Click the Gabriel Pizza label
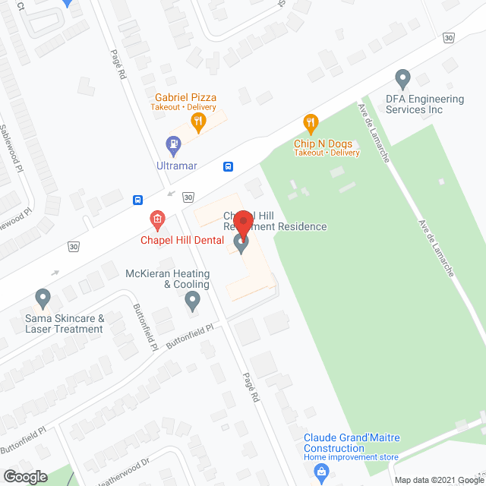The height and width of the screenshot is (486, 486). pyautogui.click(x=186, y=98)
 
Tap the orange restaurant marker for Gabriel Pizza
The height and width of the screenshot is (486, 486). pyautogui.click(x=197, y=120)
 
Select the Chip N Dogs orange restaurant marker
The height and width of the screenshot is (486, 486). pyautogui.click(x=310, y=121)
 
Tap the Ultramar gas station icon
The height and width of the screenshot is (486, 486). pyautogui.click(x=174, y=142)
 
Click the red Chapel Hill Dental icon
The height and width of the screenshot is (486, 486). pyautogui.click(x=157, y=221)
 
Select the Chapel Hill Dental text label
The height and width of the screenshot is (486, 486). pyautogui.click(x=181, y=241)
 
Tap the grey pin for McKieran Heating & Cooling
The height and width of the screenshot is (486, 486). pyautogui.click(x=192, y=301)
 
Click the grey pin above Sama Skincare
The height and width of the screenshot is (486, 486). pyautogui.click(x=43, y=298)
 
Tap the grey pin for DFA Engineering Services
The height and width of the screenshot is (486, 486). pyautogui.click(x=402, y=78)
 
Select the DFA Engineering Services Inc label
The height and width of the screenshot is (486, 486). pyautogui.click(x=424, y=104)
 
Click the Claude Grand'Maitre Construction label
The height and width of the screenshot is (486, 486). pyautogui.click(x=352, y=443)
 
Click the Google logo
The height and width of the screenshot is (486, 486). pyautogui.click(x=25, y=476)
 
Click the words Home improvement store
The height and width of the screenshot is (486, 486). pyautogui.click(x=352, y=457)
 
